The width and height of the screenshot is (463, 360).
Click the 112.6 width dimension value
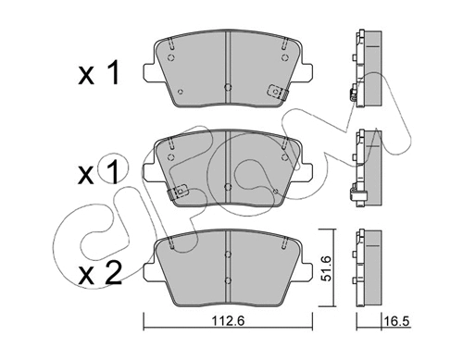click(228, 321)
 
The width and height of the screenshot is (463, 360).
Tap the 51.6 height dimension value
click(326, 268)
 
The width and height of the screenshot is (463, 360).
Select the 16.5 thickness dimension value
click(397, 321)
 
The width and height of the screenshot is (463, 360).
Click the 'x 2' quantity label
click(100, 273)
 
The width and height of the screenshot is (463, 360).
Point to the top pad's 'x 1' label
click(99, 72)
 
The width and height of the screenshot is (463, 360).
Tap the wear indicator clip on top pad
click(278, 92)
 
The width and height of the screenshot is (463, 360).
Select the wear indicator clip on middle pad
click(178, 192)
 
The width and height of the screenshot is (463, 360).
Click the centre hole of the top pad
click(228, 87)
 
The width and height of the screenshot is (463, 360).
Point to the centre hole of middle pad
click(228, 187)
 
